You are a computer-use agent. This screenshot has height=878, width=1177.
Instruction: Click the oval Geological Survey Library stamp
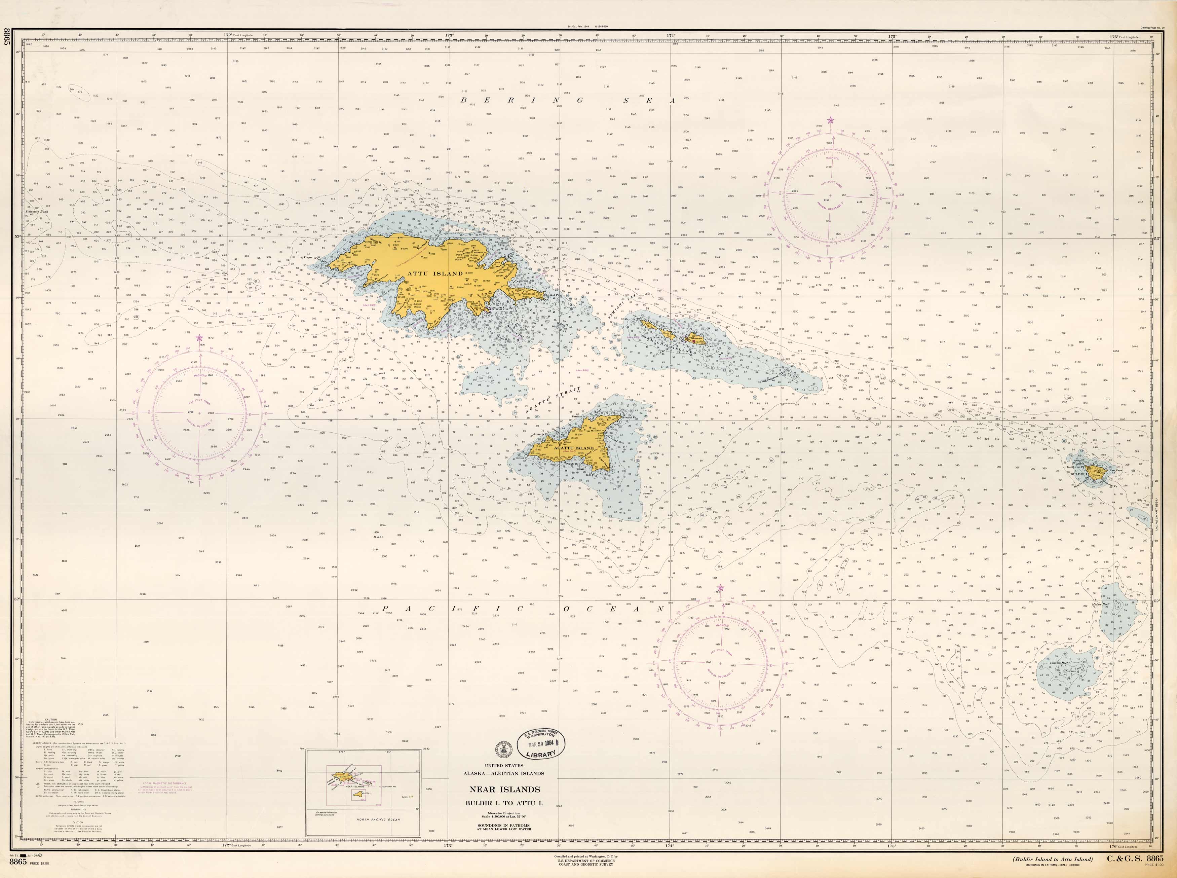(541, 743)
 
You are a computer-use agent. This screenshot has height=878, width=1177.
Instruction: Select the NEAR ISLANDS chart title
(504, 789)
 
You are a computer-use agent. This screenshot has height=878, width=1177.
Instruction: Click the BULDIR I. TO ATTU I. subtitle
(504, 803)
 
